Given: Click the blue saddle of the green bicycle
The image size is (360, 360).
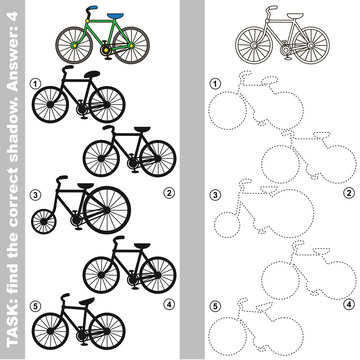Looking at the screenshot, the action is (115, 15).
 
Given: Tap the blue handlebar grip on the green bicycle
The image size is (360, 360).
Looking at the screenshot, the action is (93, 7).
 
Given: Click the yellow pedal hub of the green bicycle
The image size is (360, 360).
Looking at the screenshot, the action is (106, 50).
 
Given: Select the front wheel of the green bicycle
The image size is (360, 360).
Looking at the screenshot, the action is (74, 45).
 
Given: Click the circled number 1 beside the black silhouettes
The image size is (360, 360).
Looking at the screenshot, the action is (34, 84).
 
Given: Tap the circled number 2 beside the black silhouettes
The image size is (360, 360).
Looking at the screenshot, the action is (169, 192).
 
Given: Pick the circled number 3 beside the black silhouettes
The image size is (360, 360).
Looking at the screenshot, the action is (34, 194).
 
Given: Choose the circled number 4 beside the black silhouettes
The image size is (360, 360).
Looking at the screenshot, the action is (169, 304).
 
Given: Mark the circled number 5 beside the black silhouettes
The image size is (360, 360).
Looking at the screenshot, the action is (34, 305).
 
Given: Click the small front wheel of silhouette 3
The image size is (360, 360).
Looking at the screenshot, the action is (44, 221).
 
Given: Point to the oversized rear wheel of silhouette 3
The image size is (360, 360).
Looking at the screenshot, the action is (107, 210).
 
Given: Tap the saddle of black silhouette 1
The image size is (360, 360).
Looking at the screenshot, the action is (92, 74).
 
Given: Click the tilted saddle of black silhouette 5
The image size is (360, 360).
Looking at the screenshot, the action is (86, 301).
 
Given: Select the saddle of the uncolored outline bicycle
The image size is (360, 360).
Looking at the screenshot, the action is (295, 15).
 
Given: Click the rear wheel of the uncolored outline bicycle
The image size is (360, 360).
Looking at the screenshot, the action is (311, 45).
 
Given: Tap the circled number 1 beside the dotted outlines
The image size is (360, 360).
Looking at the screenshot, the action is (216, 84).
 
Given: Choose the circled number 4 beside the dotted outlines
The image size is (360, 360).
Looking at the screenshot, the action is (349, 304).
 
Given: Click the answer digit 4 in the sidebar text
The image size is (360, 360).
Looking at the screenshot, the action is (12, 17).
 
